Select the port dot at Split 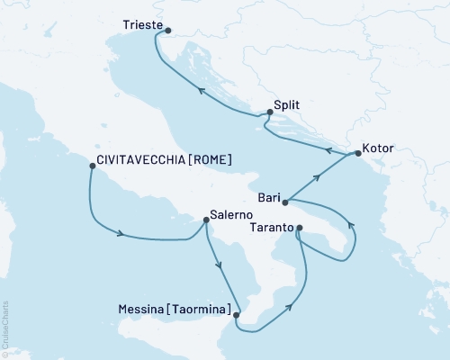pos(269,112)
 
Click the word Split pos(288,105)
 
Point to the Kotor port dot pos(357,154)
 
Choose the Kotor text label pos(377,147)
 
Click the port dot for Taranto pos(300,228)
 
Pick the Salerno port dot pos(202,221)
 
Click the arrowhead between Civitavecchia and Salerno pos(120,236)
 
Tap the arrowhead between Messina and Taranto pos(292,308)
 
